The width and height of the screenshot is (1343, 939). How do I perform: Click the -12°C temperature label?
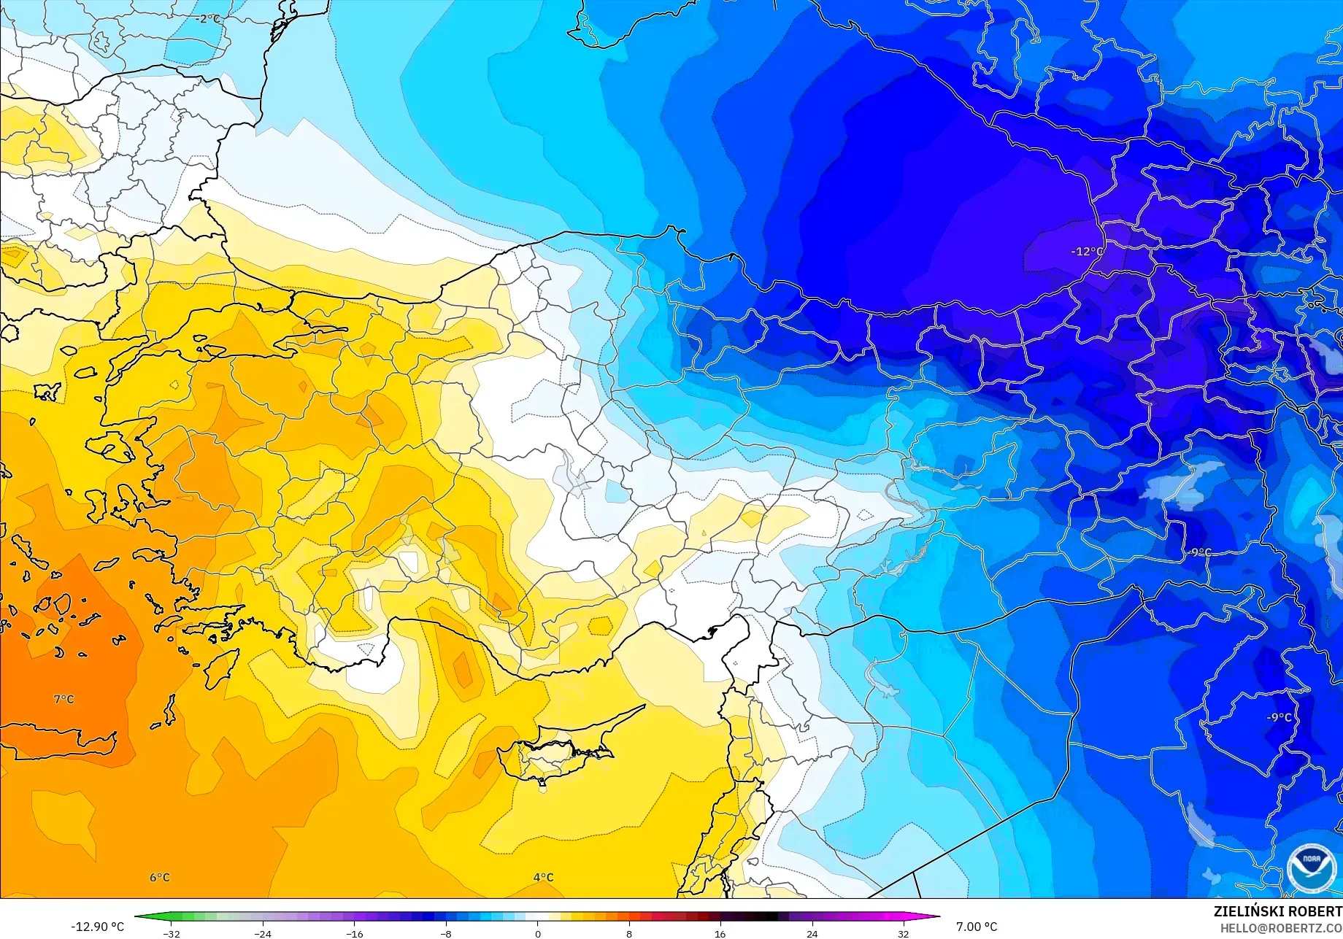(x=1087, y=252)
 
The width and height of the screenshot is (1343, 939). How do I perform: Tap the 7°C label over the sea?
(x=64, y=699)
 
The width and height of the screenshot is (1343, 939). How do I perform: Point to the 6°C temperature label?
(x=160, y=877)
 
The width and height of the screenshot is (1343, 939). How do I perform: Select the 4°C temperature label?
(x=543, y=877)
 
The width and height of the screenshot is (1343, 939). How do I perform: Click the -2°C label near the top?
(x=208, y=19)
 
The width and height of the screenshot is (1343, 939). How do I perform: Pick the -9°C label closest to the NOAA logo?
(x=1278, y=717)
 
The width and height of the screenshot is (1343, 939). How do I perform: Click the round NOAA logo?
(x=1311, y=868)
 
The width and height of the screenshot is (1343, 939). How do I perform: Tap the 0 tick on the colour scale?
(x=538, y=933)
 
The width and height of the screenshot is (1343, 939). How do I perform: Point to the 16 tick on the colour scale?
(x=720, y=933)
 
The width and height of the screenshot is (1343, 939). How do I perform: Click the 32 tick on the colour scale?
(x=904, y=933)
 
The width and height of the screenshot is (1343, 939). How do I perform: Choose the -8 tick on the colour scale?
(x=446, y=933)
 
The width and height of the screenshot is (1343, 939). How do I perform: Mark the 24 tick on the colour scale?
(x=812, y=933)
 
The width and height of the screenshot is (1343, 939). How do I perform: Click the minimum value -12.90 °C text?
(x=98, y=927)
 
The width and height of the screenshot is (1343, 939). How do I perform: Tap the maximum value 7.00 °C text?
(x=977, y=927)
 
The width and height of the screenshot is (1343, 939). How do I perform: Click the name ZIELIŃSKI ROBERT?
(x=1277, y=911)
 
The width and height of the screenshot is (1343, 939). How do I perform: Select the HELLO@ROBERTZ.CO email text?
(x=1281, y=928)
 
